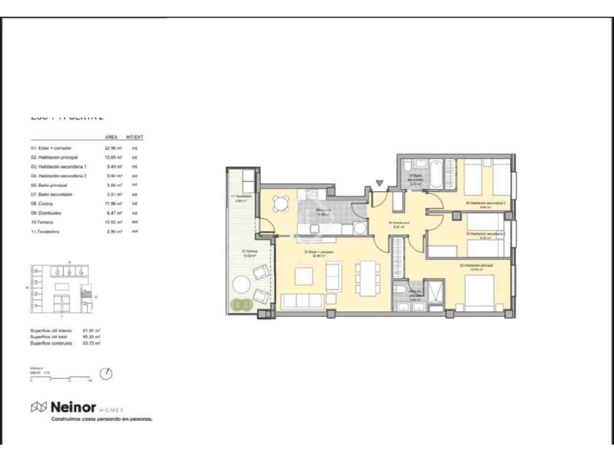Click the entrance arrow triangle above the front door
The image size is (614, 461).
click(380, 184)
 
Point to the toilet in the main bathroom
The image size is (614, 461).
click(399, 290)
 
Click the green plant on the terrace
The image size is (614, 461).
click(241, 305)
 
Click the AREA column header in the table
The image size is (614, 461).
click(111, 137)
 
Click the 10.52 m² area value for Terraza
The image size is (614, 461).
click(114, 222)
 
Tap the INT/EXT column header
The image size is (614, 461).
click(134, 137)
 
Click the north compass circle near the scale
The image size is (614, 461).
click(106, 374)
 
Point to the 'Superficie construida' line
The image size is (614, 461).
click(51, 343)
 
